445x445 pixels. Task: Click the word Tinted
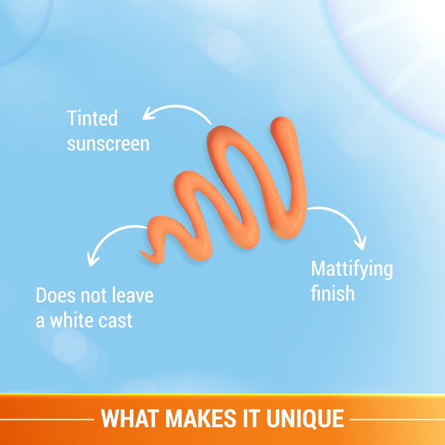92,118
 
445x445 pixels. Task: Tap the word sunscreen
108,144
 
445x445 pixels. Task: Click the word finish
333,294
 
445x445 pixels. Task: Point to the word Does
55,296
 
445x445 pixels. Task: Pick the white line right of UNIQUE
396,419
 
